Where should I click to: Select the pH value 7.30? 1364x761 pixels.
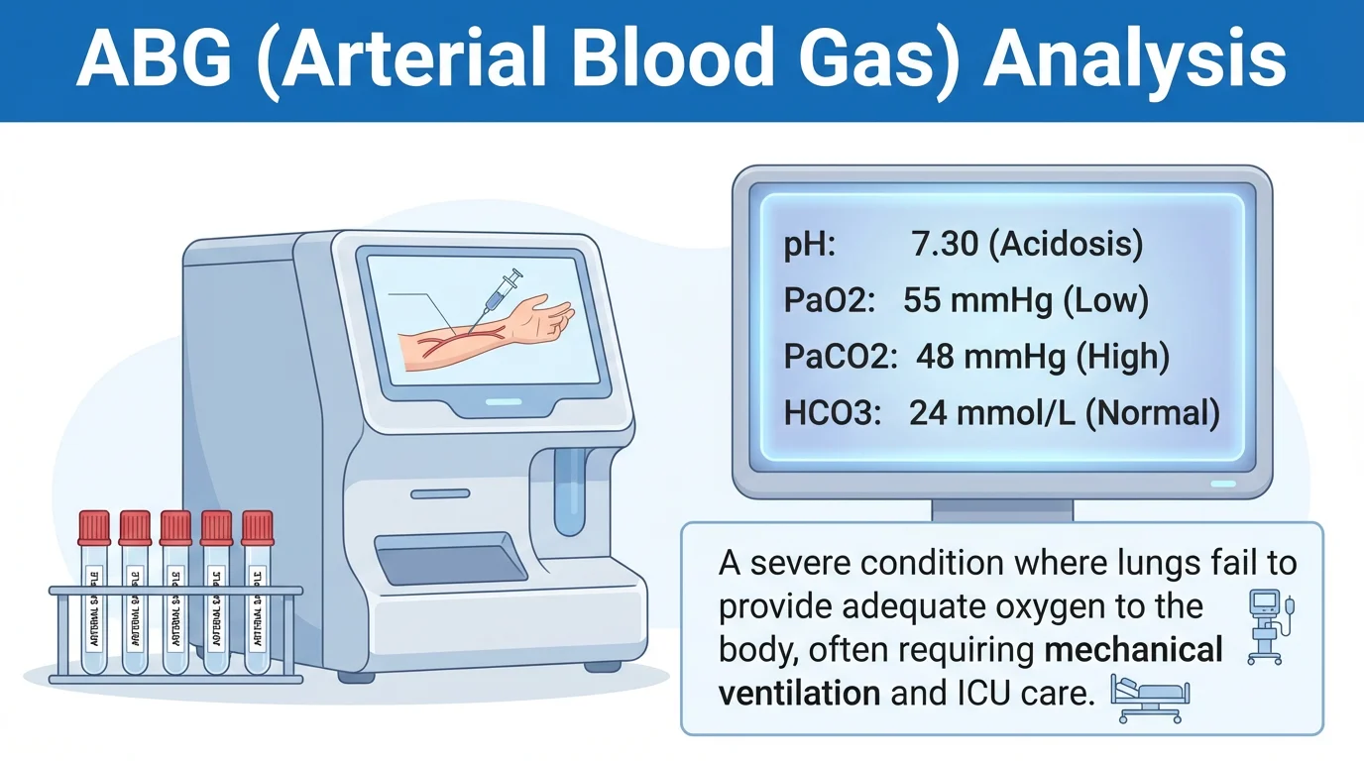pos(944,245)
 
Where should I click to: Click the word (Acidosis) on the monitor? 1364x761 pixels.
pos(1066,245)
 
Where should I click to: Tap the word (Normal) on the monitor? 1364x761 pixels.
pos(1153,412)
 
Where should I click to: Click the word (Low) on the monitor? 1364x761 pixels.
pos(1105,301)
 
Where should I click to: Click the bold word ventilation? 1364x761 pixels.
pos(799,693)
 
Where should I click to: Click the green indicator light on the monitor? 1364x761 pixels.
pos(1223,484)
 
